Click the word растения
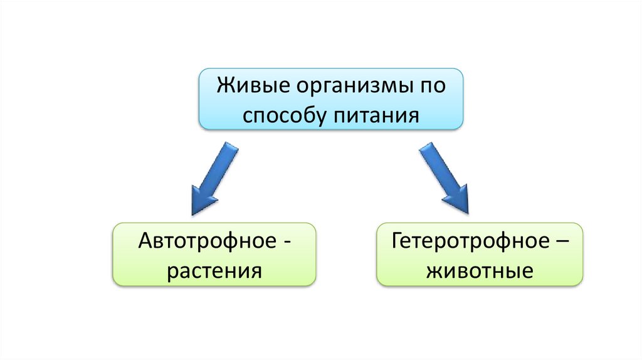[x=214, y=270]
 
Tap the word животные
[x=480, y=270]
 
